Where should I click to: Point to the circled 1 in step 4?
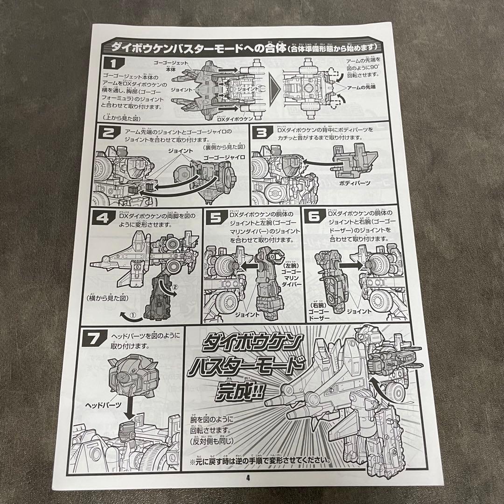tap(132, 315)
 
